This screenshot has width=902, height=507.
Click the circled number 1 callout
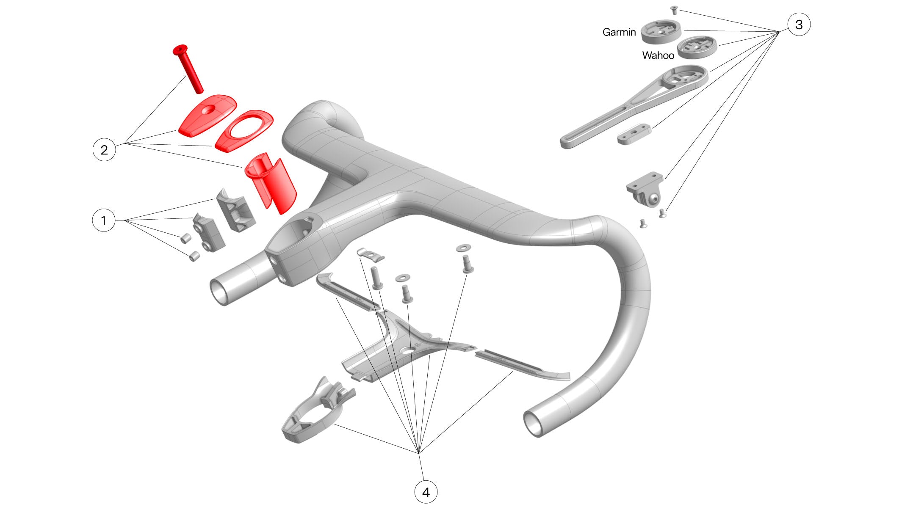(104, 220)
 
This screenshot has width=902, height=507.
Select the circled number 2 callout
(104, 150)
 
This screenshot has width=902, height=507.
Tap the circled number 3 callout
(799, 24)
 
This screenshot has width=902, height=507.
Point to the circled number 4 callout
(426, 492)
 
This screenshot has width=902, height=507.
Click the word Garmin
(619, 32)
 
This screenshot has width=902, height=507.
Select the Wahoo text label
(658, 55)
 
